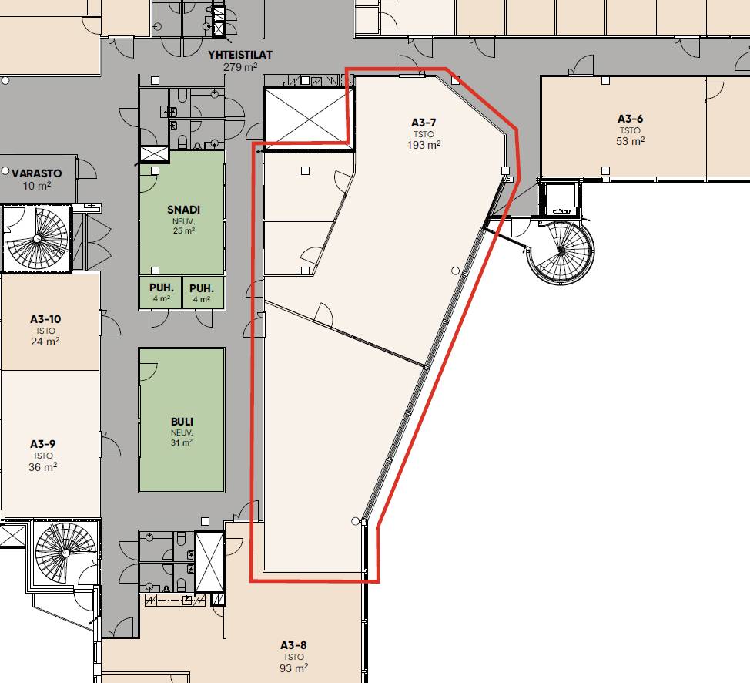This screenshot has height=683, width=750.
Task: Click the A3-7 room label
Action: (424, 123)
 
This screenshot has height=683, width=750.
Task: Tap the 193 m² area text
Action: (424, 145)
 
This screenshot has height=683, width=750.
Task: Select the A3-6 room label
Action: (630, 119)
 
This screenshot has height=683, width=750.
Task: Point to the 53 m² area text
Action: (630, 141)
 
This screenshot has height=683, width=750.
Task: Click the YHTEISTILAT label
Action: (240, 55)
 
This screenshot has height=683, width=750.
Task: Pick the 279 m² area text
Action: (240, 67)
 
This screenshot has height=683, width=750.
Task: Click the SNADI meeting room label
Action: (184, 210)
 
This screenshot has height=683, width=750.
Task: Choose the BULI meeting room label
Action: (182, 422)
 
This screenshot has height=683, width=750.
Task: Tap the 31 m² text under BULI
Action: (182, 442)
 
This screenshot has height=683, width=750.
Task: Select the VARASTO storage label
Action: (37, 173)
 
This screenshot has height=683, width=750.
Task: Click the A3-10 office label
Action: (45, 319)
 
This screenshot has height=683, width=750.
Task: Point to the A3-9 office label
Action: (43, 445)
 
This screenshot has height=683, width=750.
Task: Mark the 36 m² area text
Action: (43, 467)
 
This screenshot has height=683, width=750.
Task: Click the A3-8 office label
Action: (293, 645)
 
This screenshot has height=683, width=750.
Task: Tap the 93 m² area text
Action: (293, 668)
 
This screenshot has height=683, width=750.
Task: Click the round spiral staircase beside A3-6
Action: (561, 251)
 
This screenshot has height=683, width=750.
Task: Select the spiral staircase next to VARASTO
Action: (37, 238)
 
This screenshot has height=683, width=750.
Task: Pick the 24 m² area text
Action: (45, 341)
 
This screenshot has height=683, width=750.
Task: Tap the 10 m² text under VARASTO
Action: (37, 185)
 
